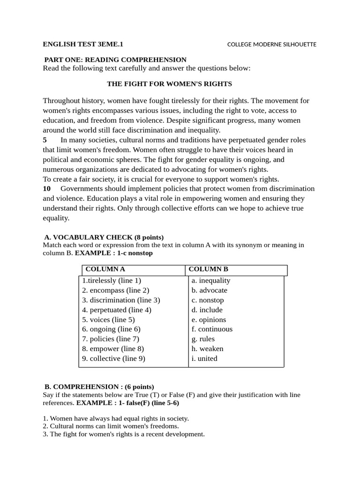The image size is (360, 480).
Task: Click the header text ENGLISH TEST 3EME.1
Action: (x=83, y=45)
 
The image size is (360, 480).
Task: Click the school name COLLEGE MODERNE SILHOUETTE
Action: (x=271, y=45)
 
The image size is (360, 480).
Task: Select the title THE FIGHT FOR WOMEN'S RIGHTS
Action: (x=169, y=84)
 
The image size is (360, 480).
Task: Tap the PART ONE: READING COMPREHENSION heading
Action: (x=115, y=60)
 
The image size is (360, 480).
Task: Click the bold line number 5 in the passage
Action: (x=45, y=140)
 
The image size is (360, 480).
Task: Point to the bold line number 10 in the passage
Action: (x=47, y=188)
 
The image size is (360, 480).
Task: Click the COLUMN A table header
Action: (x=105, y=270)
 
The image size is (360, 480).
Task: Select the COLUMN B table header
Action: (x=208, y=270)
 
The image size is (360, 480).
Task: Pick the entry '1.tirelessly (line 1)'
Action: (x=112, y=280)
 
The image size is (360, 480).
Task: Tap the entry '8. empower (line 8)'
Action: (x=113, y=349)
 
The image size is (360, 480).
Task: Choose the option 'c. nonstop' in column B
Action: (x=208, y=300)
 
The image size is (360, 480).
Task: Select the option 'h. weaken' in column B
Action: (x=207, y=349)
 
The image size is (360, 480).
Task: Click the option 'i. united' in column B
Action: (x=204, y=359)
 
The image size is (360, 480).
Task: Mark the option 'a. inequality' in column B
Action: (x=211, y=280)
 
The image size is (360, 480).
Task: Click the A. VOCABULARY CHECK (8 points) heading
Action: (x=104, y=237)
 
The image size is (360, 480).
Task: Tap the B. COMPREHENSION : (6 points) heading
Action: (x=99, y=387)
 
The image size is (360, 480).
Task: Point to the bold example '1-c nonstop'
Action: (x=135, y=253)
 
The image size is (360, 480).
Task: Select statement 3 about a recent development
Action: (x=124, y=434)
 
